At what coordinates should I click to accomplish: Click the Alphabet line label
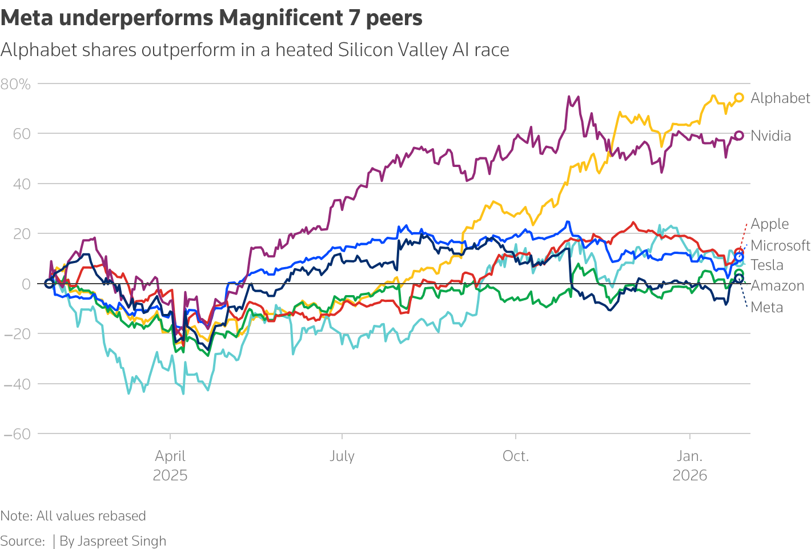(x=780, y=98)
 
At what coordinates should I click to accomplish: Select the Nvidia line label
(x=770, y=136)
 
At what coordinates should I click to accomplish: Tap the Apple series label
(x=769, y=224)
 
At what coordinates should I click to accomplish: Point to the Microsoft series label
(x=780, y=246)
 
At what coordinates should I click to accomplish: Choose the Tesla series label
(x=766, y=265)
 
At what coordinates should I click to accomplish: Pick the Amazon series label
(x=777, y=286)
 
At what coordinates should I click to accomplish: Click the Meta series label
(x=766, y=308)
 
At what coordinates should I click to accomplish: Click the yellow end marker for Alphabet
(x=739, y=98)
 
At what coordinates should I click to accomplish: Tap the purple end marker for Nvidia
(x=739, y=136)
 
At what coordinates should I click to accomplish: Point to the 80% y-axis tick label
(x=16, y=85)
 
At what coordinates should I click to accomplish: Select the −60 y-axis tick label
(x=17, y=434)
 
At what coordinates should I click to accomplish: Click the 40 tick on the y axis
(x=22, y=184)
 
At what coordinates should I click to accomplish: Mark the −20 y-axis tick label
(x=17, y=334)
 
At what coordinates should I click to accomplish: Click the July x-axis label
(x=342, y=456)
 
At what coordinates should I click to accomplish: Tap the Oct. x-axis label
(x=516, y=456)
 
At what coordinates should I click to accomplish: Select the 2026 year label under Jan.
(x=690, y=475)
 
